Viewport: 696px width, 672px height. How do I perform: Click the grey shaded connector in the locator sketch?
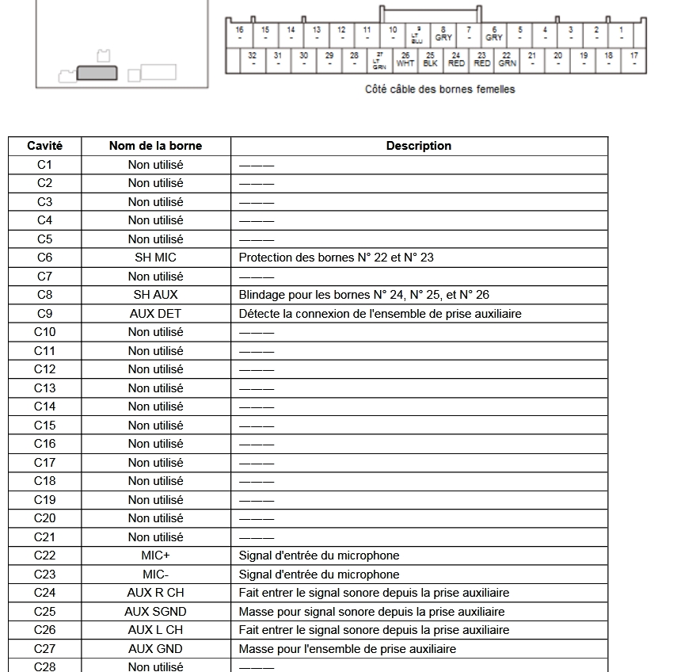tap(97, 73)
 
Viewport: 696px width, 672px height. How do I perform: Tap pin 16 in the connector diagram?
tap(240, 33)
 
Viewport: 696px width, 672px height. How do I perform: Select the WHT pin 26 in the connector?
tap(405, 59)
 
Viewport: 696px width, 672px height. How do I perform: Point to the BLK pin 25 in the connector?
tap(431, 59)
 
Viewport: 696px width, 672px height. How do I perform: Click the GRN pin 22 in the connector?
tap(507, 59)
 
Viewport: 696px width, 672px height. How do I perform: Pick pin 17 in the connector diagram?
tap(634, 59)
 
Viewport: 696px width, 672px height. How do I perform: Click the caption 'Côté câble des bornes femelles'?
tap(439, 90)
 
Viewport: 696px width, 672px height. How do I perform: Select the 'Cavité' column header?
tap(44, 146)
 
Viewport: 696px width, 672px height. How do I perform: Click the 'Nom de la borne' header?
tap(155, 146)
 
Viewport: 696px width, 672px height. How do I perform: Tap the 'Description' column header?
tap(419, 146)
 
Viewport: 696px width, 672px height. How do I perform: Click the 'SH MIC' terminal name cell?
tap(155, 258)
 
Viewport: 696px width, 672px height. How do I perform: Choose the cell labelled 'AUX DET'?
tap(155, 313)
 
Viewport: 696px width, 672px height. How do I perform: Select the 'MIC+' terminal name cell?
tap(155, 556)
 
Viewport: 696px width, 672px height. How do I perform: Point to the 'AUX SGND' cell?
tap(155, 612)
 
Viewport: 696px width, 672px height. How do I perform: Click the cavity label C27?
tap(44, 649)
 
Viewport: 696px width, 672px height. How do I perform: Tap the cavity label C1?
tap(44, 165)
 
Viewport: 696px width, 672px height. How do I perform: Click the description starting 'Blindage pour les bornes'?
tap(364, 295)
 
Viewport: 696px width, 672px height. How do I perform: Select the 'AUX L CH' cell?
tap(155, 630)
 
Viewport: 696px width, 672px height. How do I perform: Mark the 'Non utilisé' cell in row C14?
tap(155, 407)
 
